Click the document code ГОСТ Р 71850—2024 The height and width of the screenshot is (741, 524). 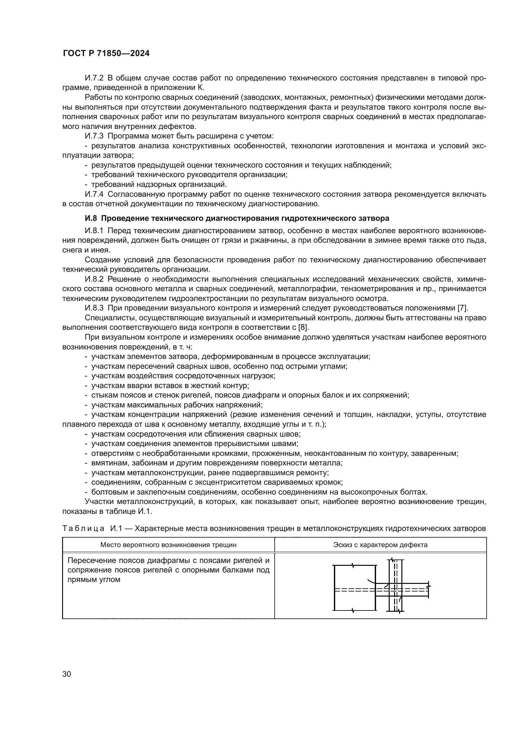106,54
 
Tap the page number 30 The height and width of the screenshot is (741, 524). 67,674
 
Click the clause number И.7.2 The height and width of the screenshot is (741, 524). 94,78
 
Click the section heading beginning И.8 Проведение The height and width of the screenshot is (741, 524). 237,218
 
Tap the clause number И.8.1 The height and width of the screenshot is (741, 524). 94,231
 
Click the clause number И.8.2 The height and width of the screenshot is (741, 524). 94,279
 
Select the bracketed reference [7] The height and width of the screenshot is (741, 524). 463,308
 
